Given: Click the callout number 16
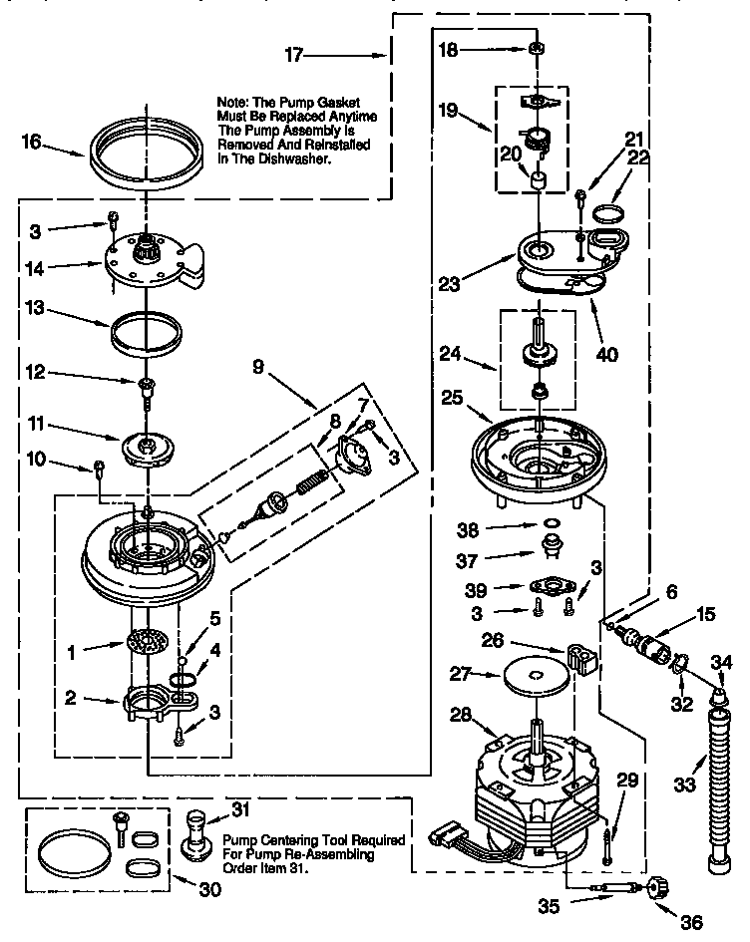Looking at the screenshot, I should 32,143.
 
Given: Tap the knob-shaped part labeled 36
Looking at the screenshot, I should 658,887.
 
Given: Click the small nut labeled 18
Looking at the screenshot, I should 535,48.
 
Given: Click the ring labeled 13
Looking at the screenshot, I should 146,333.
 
